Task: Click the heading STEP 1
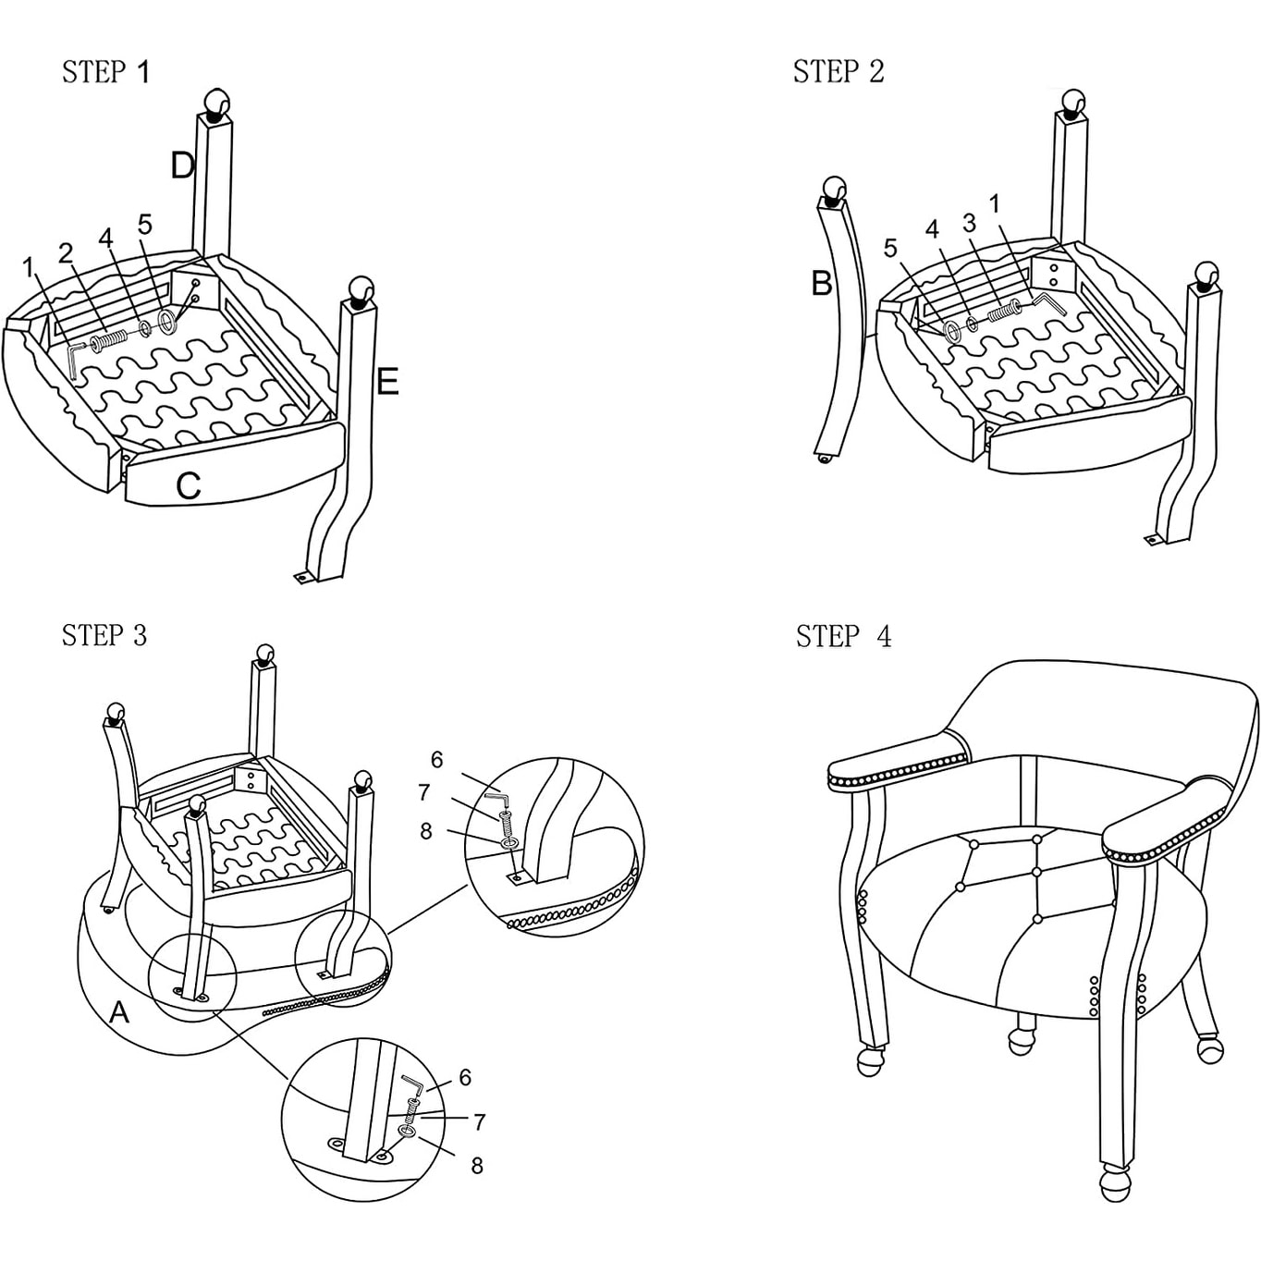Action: coord(105,72)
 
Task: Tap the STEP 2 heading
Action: coord(838,72)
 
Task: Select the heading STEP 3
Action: coord(104,636)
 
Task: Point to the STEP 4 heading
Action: coord(843,637)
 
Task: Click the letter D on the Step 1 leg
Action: coord(182,166)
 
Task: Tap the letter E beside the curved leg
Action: coord(387,382)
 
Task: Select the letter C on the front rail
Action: coord(189,485)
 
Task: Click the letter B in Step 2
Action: coord(821,284)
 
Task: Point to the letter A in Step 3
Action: coord(119,1013)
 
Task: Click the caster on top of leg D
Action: coord(216,103)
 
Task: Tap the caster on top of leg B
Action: coord(834,190)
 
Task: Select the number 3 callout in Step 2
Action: coord(969,224)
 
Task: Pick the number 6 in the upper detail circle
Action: coord(437,760)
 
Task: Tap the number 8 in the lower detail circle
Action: coord(477,1166)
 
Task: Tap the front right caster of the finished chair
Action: coord(1115,1185)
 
